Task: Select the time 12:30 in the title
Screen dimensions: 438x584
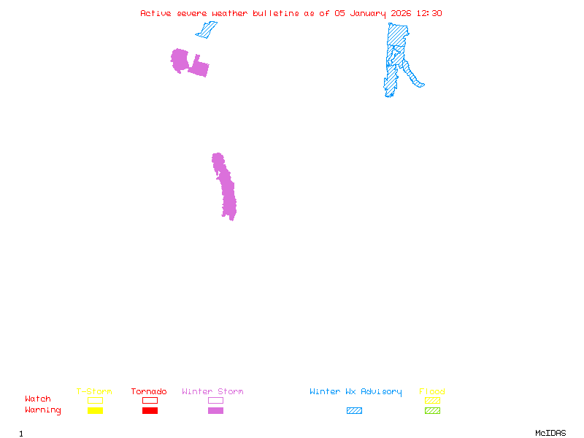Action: click(x=429, y=13)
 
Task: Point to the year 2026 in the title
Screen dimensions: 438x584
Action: click(x=401, y=13)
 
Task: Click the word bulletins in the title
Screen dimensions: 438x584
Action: click(x=276, y=13)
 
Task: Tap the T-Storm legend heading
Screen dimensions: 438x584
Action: click(x=94, y=392)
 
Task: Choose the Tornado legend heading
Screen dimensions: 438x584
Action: click(x=149, y=392)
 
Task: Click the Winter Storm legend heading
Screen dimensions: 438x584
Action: click(x=212, y=392)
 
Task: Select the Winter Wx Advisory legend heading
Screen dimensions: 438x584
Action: click(x=356, y=392)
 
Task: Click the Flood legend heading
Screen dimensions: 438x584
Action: click(x=432, y=392)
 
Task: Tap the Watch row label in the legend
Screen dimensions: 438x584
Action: click(x=38, y=399)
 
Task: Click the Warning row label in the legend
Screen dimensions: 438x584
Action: click(x=42, y=410)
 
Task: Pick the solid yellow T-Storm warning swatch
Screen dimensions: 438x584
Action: click(x=95, y=411)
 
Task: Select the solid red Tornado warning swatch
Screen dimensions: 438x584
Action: click(x=150, y=411)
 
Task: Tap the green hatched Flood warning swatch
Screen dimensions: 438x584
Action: click(x=432, y=411)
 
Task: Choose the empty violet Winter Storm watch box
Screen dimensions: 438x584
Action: click(x=215, y=400)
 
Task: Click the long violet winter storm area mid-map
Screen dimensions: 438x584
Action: click(x=226, y=188)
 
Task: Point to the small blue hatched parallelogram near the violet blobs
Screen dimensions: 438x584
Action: click(x=207, y=30)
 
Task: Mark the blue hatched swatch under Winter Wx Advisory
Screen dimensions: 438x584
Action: click(x=354, y=411)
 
